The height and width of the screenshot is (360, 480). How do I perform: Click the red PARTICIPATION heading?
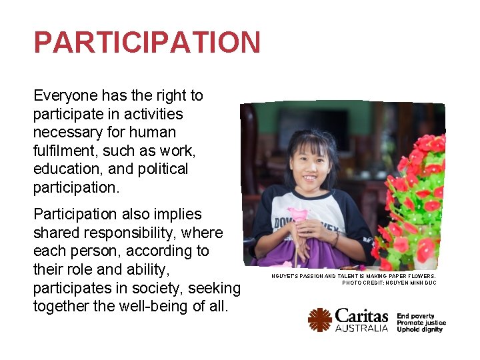(x=147, y=43)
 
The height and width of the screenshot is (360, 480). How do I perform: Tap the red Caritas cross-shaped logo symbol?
(x=320, y=320)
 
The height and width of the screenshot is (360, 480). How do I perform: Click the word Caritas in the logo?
(x=361, y=316)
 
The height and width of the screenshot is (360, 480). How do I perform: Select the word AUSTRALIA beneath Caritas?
(x=361, y=329)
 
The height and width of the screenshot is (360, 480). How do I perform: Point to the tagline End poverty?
(x=415, y=316)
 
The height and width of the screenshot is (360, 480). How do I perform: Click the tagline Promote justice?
(x=421, y=323)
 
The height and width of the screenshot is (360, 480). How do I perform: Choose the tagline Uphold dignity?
(x=420, y=329)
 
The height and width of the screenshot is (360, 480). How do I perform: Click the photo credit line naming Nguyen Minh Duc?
(x=389, y=283)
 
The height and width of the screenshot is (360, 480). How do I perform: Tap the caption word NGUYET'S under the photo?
(x=285, y=276)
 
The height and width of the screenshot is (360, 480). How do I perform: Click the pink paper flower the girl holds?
(x=298, y=215)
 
